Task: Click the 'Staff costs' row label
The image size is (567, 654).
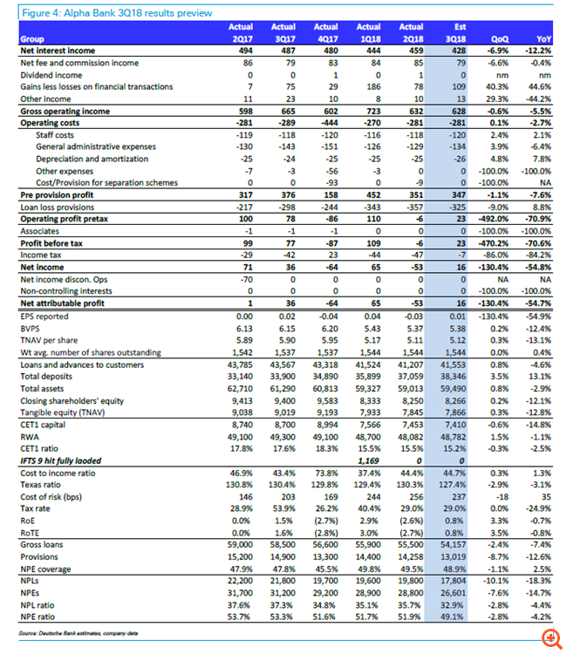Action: click(x=55, y=136)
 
